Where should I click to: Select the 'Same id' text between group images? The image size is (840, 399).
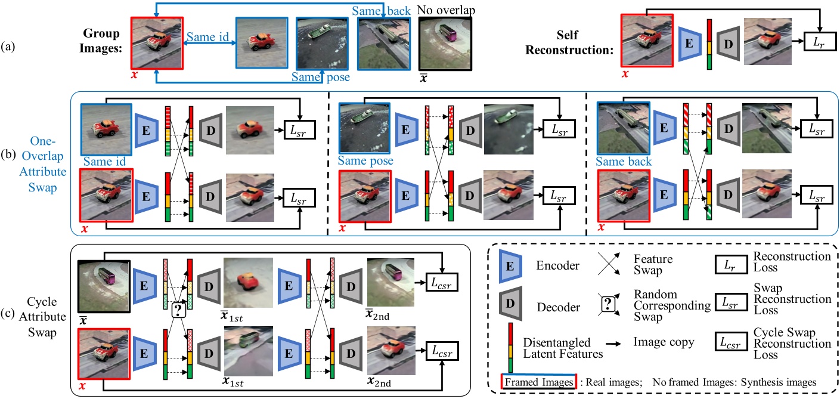(207, 38)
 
